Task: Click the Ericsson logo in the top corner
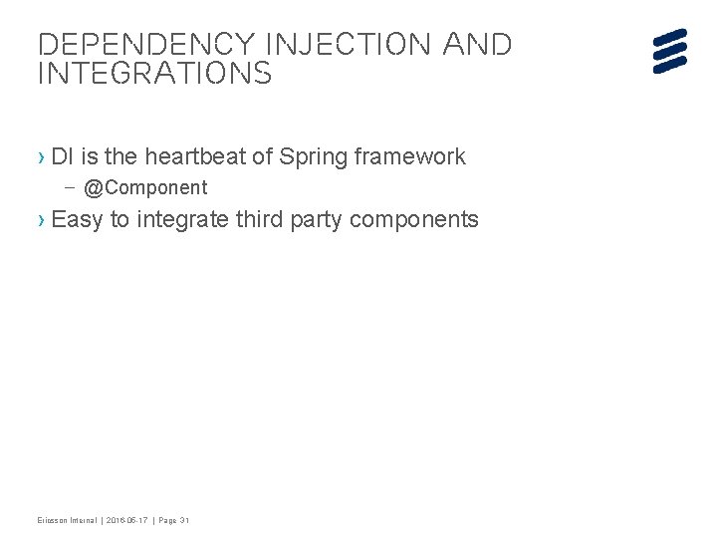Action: [x=670, y=51]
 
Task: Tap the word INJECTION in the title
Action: [x=328, y=45]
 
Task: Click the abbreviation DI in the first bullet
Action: [x=62, y=156]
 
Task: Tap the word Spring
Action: [x=314, y=156]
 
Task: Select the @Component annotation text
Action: [x=145, y=187]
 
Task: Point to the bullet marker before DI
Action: [x=41, y=157]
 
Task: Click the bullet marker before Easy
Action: [x=41, y=220]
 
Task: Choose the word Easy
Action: [x=77, y=219]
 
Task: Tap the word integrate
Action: [x=181, y=219]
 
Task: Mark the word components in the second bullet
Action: [x=416, y=219]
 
